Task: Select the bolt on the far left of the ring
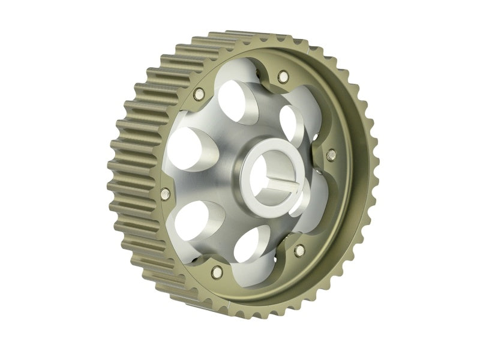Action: pos(166,194)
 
